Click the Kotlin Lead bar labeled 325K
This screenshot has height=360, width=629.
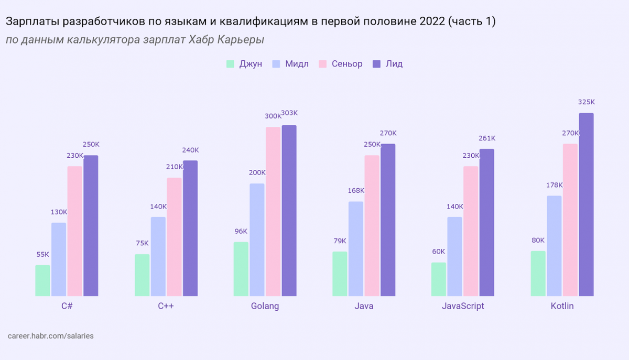tap(586, 204)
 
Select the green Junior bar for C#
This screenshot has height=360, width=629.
tap(43, 280)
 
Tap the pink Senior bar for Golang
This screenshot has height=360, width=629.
tap(273, 211)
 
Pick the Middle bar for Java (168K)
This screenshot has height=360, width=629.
tap(356, 248)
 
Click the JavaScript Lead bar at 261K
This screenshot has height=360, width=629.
tap(487, 222)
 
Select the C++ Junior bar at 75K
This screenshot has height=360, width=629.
tap(142, 275)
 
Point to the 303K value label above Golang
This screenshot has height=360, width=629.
tap(289, 113)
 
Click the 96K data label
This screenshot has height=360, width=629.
tap(241, 231)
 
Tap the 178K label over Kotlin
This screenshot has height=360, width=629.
tap(554, 185)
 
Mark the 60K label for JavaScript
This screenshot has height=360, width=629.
tap(439, 251)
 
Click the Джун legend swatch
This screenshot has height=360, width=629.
tap(230, 64)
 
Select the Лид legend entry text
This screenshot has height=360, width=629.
tap(394, 64)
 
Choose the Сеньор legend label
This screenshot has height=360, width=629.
tap(347, 64)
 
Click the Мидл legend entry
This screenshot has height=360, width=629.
tap(297, 64)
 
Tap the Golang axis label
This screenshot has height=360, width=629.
tap(265, 306)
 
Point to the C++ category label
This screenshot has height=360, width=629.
tap(166, 306)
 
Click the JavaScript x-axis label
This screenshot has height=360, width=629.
tap(463, 306)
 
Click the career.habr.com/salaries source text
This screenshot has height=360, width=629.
tap(51, 335)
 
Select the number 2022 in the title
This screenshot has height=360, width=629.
tap(433, 21)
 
